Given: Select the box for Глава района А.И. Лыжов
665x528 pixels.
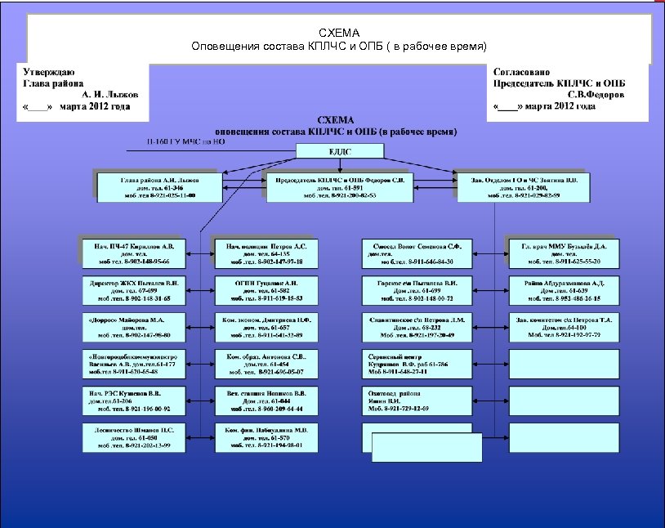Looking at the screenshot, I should click(158, 186).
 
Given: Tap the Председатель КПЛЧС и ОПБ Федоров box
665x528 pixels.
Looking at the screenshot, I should click(340, 186).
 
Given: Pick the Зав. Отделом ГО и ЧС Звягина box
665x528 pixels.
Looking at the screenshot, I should click(524, 186).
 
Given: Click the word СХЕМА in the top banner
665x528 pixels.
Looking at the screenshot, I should click(338, 33).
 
